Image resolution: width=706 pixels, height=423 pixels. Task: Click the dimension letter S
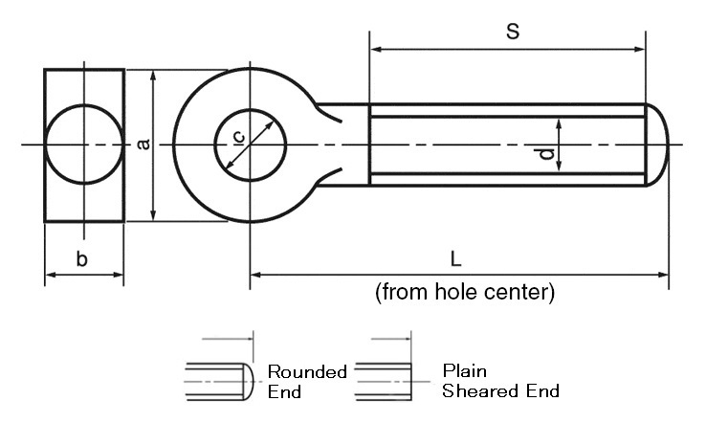(x=512, y=32)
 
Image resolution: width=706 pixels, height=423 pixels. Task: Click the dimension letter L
(x=456, y=258)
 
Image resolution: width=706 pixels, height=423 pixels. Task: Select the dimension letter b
(x=82, y=258)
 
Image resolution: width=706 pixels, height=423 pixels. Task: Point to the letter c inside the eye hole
(x=239, y=138)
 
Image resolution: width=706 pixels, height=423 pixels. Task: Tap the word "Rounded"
(x=307, y=372)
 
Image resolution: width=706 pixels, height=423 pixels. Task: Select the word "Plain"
(x=465, y=370)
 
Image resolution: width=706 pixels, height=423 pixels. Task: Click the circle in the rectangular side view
(x=84, y=145)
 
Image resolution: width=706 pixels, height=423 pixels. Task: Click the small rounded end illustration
(x=220, y=381)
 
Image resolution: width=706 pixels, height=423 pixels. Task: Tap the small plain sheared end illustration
(x=384, y=381)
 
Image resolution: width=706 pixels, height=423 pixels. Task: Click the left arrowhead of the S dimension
(x=375, y=48)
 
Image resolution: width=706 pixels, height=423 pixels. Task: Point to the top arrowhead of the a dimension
(x=153, y=75)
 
